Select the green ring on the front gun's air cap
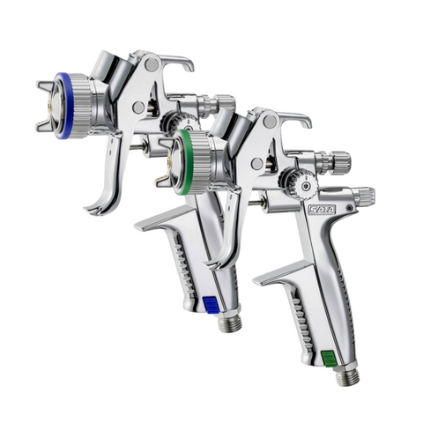pyautogui.click(x=179, y=163)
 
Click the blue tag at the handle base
pyautogui.click(x=211, y=304)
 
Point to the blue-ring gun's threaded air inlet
pyautogui.click(x=227, y=323)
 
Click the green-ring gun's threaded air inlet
pyautogui.click(x=346, y=377)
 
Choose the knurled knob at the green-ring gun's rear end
pyautogui.click(x=362, y=196)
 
